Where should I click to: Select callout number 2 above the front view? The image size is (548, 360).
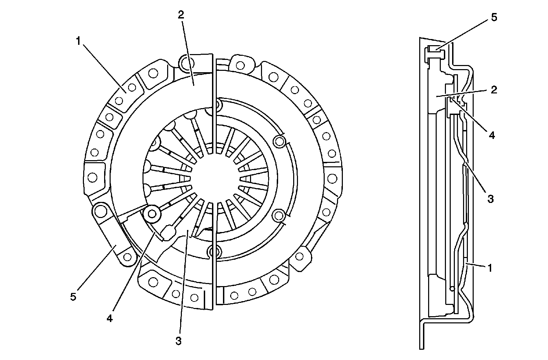(x=180, y=15)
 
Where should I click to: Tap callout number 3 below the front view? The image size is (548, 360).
(x=178, y=340)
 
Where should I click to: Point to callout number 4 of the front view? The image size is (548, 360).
(x=110, y=318)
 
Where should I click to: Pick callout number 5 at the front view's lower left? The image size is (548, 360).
(x=73, y=297)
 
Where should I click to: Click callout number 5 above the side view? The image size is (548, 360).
(x=494, y=18)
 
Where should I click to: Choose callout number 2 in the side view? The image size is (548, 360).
(x=494, y=90)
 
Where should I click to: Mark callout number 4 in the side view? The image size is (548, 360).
(x=491, y=135)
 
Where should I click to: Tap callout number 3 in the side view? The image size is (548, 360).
(x=490, y=198)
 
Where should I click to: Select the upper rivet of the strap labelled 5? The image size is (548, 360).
(x=100, y=211)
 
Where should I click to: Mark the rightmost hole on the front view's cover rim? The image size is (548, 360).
(x=332, y=178)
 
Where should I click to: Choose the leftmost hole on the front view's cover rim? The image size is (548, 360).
(x=92, y=178)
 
